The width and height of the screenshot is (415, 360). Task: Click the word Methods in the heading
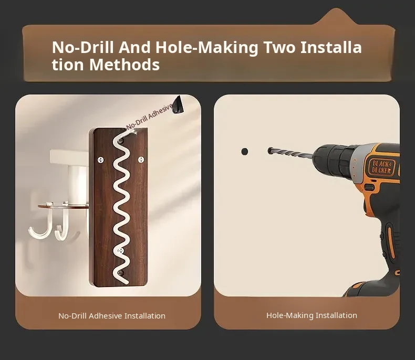click(124, 65)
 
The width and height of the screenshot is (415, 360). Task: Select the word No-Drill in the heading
click(83, 47)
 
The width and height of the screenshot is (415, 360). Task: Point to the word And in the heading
click(134, 47)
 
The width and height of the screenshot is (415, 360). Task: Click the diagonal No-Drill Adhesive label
click(150, 117)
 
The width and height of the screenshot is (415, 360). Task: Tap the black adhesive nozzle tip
click(178, 105)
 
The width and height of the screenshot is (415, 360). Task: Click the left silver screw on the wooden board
click(100, 160)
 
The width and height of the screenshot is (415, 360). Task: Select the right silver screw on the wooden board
click(141, 160)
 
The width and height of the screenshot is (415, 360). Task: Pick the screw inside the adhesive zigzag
click(121, 250)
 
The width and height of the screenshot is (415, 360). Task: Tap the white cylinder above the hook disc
click(78, 185)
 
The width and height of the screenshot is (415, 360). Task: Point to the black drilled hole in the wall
click(245, 152)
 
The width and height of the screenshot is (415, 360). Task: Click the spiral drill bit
click(290, 154)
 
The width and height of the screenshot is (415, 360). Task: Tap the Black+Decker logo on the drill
click(381, 167)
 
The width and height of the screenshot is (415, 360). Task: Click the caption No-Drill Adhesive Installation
click(112, 316)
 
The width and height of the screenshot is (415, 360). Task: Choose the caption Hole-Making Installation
click(312, 315)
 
